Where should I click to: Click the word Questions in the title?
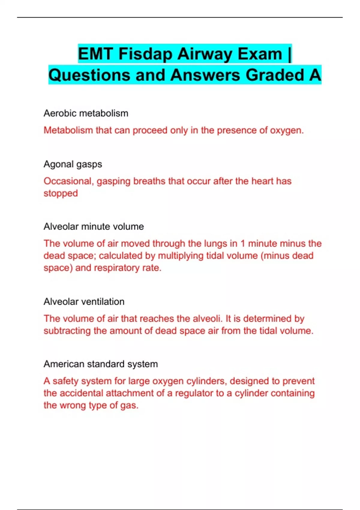(x=89, y=75)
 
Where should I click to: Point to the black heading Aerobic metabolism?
(x=86, y=113)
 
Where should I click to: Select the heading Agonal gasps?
(x=73, y=164)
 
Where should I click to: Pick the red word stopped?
(x=61, y=193)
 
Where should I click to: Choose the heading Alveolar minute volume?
(x=94, y=226)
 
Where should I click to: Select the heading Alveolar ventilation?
(x=84, y=302)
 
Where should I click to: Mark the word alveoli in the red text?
(x=207, y=319)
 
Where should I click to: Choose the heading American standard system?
(x=100, y=364)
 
